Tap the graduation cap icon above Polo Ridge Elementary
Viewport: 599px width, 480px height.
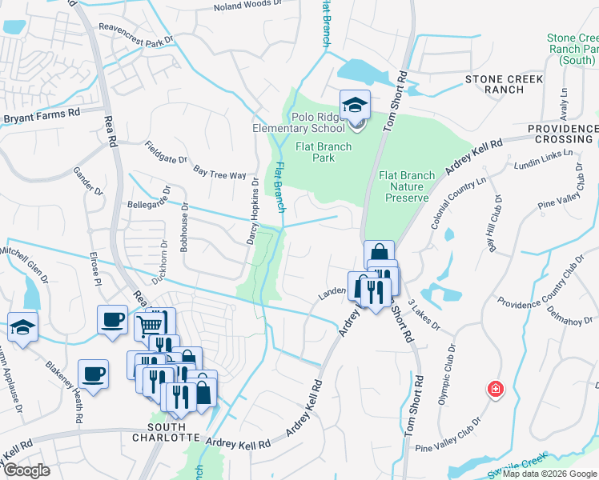point(355,105)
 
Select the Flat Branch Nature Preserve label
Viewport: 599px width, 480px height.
point(407,186)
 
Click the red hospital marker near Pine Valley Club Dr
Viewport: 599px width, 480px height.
point(496,390)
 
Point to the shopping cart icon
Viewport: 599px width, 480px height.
point(150,326)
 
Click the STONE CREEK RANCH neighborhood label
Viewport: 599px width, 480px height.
point(505,84)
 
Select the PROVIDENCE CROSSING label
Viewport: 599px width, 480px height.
point(563,134)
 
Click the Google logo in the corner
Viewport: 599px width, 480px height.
point(26,470)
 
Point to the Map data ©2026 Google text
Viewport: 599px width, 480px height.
point(549,474)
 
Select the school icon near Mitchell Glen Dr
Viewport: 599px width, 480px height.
point(22,326)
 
